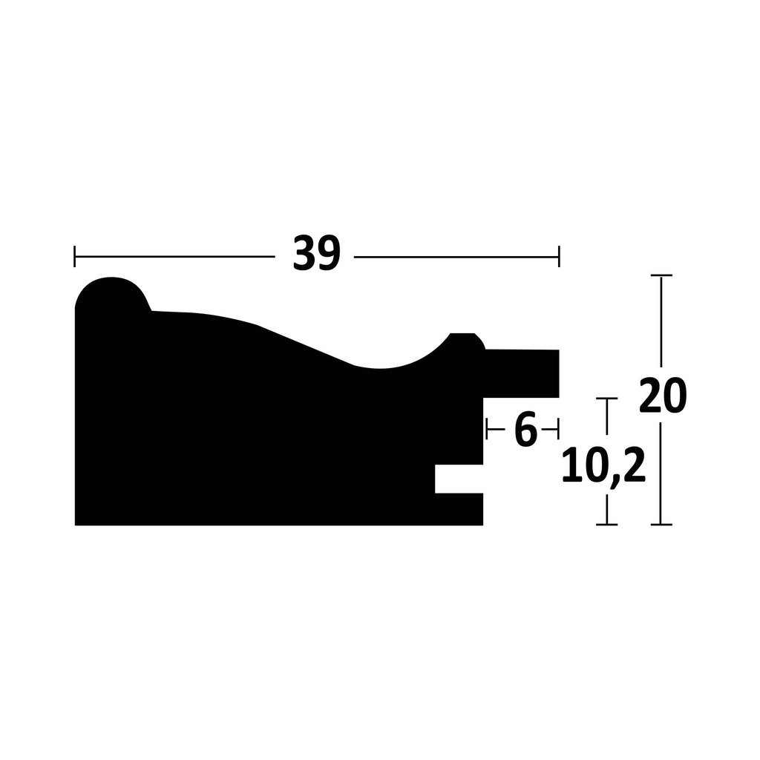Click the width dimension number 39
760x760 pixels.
point(316,255)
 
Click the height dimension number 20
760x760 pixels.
point(663,396)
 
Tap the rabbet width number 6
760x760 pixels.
point(525,430)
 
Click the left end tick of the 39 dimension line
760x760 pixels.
point(75,257)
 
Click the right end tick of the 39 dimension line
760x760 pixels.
point(559,257)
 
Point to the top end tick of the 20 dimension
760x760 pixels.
point(661,275)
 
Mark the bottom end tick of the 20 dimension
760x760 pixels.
point(661,525)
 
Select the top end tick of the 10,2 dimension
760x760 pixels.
point(607,399)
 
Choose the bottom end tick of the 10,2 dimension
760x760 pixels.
point(607,525)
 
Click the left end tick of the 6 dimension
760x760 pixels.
point(486,428)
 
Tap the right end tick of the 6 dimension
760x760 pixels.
point(557,428)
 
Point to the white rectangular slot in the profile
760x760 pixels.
point(459,479)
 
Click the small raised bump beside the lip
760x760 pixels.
point(465,342)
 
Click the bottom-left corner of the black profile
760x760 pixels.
point(76,524)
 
